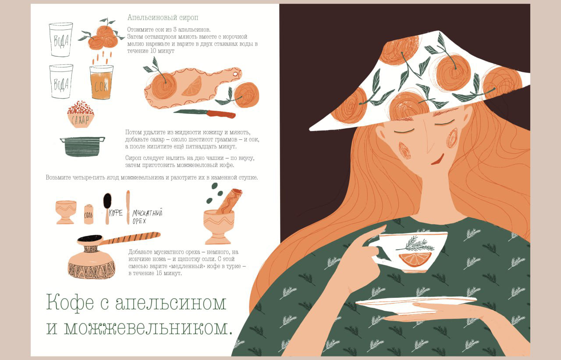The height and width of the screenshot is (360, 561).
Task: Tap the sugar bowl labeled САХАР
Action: pos(81,115)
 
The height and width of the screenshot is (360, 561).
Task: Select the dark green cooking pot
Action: pos(82,146)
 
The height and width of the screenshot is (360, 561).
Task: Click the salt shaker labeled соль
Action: pos(89,214)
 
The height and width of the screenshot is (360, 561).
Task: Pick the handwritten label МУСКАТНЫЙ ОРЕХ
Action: pos(147,217)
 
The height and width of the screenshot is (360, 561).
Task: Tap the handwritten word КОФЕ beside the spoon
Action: pos(116,213)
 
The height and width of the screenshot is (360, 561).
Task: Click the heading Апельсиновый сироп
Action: pos(163,18)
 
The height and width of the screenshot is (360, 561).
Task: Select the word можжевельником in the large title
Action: pos(148,328)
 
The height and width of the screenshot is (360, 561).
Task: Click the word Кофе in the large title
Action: pos(70,303)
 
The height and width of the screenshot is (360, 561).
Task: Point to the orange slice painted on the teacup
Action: pos(415,259)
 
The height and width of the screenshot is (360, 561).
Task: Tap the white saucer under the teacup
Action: pos(416,305)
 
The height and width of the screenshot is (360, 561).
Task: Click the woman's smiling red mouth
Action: pos(438,160)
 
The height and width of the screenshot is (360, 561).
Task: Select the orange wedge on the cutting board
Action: pos(192,87)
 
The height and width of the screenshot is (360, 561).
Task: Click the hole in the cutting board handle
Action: pos(235,74)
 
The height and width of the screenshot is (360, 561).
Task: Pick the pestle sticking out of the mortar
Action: pos(229,201)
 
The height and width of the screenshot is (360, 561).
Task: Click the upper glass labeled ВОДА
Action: pos(61,39)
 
